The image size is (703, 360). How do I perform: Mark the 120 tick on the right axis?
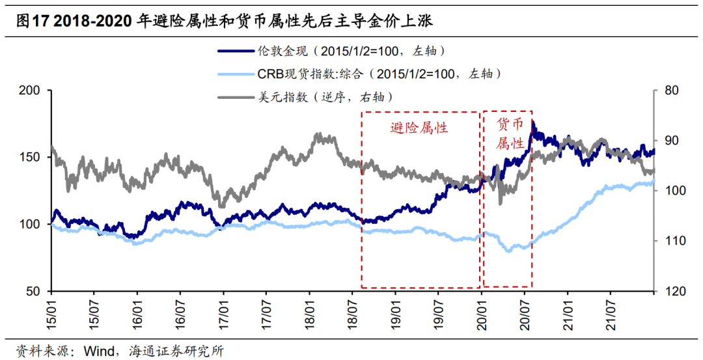click(671, 291)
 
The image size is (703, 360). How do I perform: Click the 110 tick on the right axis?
click(671, 241)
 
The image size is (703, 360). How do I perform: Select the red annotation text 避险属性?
click(419, 128)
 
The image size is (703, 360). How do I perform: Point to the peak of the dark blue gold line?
click(533, 122)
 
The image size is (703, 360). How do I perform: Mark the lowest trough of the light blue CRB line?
click(508, 250)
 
